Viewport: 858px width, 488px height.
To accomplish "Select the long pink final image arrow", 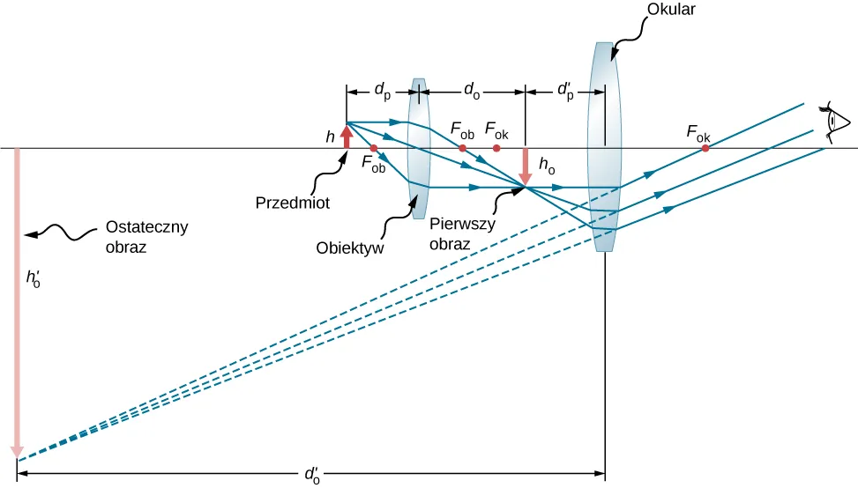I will pyautogui.click(x=16, y=299).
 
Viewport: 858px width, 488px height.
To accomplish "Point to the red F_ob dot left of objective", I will pyautogui.click(x=374, y=148).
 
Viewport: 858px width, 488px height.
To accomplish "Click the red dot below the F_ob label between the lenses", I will pyautogui.click(x=462, y=148).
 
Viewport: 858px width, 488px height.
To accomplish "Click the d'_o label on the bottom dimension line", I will pyautogui.click(x=311, y=475).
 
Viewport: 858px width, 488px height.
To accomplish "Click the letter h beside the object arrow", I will pyautogui.click(x=330, y=137).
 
